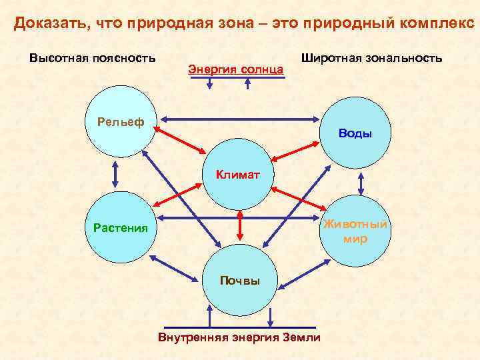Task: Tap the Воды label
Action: pos(355,133)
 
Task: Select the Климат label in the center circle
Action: pos(237,175)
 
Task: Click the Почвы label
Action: pos(240,281)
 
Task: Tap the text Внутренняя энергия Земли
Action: pos(239,337)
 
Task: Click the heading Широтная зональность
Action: pos(371,58)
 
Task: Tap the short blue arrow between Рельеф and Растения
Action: pos(115,175)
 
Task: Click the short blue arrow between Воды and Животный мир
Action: pos(361,182)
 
